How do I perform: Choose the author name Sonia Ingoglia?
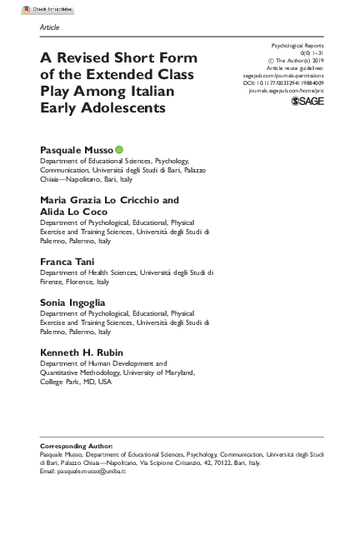pyautogui.click(x=72, y=302)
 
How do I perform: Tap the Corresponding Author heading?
pyautogui.click(x=76, y=446)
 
